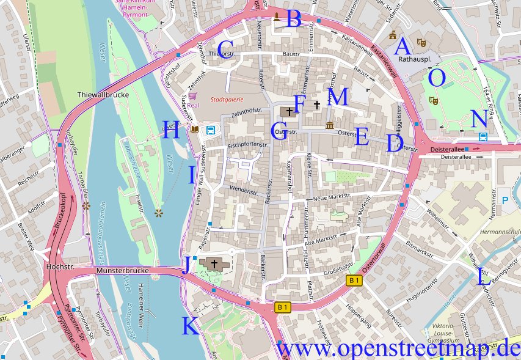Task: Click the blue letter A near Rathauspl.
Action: [x=402, y=46]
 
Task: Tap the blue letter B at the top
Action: [x=294, y=20]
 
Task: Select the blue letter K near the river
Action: [x=191, y=327]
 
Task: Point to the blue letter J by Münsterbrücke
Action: [x=185, y=265]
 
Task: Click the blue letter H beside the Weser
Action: [x=172, y=131]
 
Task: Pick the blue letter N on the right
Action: [x=479, y=119]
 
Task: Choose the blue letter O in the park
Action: [x=437, y=78]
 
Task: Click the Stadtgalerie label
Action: [x=226, y=98]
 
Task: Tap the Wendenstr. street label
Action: [x=243, y=191]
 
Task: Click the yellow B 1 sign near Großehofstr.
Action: [x=354, y=280]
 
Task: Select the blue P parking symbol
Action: [x=505, y=200]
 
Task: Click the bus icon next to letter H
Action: [x=211, y=130]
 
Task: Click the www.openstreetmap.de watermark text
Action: [x=398, y=349]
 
